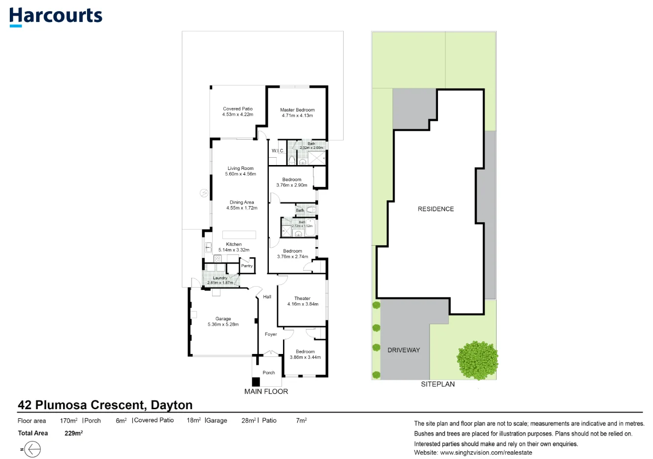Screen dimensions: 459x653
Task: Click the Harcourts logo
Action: [56, 17]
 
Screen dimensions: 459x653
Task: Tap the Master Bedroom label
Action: [297, 110]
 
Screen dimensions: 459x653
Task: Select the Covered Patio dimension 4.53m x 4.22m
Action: [238, 115]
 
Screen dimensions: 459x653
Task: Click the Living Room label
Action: [240, 168]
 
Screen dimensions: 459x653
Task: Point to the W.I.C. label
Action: [278, 151]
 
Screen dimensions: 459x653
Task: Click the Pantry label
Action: [247, 266]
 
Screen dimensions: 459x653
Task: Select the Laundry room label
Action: [220, 278]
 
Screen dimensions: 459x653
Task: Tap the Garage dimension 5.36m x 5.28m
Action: [223, 324]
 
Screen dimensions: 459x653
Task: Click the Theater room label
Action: [302, 298]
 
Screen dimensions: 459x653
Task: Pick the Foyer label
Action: [271, 334]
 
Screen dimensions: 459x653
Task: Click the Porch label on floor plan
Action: [269, 373]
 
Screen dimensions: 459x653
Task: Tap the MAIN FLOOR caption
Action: [266, 392]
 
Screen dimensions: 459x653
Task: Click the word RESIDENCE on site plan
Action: [435, 209]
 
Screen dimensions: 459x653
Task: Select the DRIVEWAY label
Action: [404, 350]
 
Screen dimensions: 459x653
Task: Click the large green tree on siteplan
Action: [478, 360]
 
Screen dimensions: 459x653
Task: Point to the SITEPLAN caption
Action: [438, 384]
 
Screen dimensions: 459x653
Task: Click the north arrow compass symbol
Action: [32, 449]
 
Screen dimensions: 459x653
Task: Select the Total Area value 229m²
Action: [73, 433]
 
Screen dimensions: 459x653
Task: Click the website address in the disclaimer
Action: [486, 453]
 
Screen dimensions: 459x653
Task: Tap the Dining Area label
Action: [241, 202]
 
